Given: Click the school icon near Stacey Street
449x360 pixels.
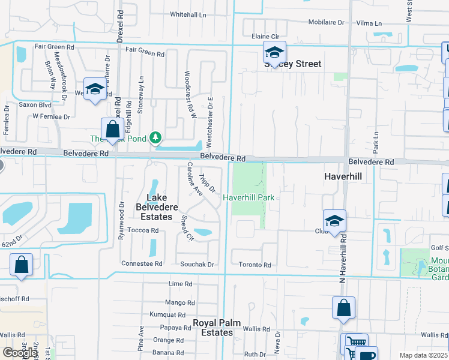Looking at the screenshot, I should click(x=274, y=53).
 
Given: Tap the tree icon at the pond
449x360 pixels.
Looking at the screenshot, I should click(x=155, y=139).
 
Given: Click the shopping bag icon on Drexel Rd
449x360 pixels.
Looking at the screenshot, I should click(x=112, y=128).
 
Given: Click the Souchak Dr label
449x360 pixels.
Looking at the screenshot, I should click(x=197, y=264).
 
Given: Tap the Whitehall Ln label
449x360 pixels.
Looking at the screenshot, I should click(x=188, y=14).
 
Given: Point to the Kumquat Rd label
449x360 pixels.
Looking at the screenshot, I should click(x=168, y=314).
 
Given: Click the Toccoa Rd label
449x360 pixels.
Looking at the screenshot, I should click(x=143, y=230).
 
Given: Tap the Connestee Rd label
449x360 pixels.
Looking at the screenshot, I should click(x=142, y=263).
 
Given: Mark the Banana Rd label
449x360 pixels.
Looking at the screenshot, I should click(x=168, y=353).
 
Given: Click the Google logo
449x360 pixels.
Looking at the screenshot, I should click(x=19, y=353).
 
